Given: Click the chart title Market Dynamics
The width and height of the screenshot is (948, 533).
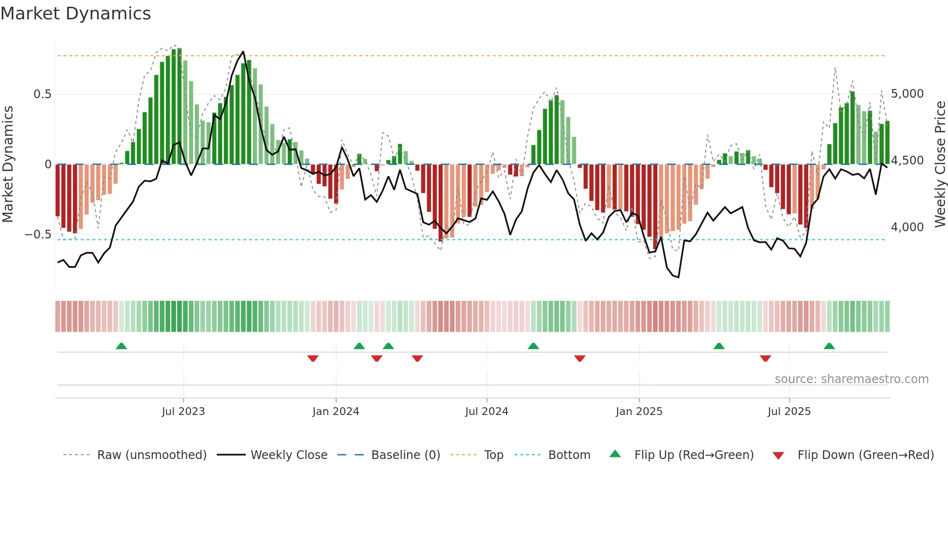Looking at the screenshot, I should [75, 14].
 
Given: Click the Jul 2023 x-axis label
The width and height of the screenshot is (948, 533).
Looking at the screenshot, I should [183, 412].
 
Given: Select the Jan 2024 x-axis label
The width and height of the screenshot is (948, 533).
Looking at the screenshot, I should [336, 412].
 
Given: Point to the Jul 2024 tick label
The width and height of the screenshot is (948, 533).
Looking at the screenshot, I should [487, 412].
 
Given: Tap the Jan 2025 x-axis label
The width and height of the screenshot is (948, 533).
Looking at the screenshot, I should [639, 412].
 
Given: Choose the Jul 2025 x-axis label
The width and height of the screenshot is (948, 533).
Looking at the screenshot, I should [789, 412].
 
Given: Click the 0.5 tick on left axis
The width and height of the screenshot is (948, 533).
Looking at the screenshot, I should [42, 94].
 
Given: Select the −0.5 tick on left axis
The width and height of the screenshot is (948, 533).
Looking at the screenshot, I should [38, 235].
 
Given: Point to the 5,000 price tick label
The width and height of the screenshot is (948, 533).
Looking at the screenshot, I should [907, 94].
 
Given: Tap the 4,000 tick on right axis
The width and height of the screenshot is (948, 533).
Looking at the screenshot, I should [907, 227].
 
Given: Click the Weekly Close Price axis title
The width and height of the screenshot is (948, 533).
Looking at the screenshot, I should [940, 164].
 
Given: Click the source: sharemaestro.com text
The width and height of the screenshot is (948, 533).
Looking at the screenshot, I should [851, 379].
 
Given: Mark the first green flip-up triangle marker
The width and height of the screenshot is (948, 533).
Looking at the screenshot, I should [121, 346].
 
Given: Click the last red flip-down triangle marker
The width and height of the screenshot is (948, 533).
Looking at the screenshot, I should [765, 358].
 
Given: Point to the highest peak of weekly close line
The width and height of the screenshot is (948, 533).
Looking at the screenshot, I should [243, 52].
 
